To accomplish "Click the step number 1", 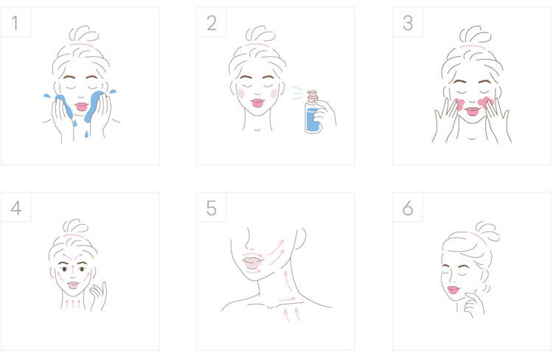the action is click(x=15, y=23).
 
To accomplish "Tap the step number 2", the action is click(x=212, y=23).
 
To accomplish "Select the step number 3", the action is click(x=408, y=23).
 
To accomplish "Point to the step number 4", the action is click(x=16, y=208).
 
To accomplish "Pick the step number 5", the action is click(x=212, y=208).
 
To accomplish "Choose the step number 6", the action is click(x=408, y=208).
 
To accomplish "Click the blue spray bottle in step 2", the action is click(x=312, y=112).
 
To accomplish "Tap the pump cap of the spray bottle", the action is click(x=312, y=96).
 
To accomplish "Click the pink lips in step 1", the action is click(x=81, y=106).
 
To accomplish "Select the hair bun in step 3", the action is click(x=474, y=35).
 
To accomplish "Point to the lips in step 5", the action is click(x=252, y=263).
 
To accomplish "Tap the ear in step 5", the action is click(x=301, y=238).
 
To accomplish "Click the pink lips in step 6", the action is click(x=453, y=290).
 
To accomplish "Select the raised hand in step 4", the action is click(x=98, y=296).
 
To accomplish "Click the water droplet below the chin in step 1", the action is click(x=86, y=134).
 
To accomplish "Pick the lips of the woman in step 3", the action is click(x=472, y=111).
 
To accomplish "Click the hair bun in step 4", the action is click(x=75, y=226).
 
